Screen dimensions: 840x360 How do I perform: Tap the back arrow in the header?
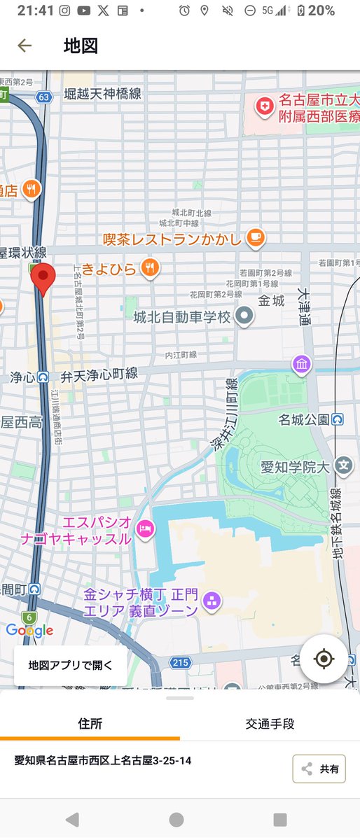pyautogui.click(x=25, y=46)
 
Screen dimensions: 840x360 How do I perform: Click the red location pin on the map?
pyautogui.click(x=43, y=279)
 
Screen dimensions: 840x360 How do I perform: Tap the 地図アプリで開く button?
pyautogui.click(x=70, y=665)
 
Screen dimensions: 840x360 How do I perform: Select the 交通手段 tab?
pyautogui.click(x=270, y=724)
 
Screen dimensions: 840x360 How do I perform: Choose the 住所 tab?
pyautogui.click(x=90, y=724)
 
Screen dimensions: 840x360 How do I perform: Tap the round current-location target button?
pyautogui.click(x=324, y=659)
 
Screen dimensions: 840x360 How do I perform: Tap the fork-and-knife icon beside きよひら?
pyautogui.click(x=150, y=267)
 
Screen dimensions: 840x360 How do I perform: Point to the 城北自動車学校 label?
pyautogui.click(x=182, y=317)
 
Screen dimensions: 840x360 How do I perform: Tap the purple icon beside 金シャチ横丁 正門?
pyautogui.click(x=212, y=601)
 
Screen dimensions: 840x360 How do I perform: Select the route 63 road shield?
pyautogui.click(x=44, y=97)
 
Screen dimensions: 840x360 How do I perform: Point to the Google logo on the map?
pyautogui.click(x=29, y=630)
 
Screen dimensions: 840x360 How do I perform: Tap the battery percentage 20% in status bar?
pyautogui.click(x=321, y=10)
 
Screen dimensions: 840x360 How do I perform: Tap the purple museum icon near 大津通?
pyautogui.click(x=302, y=365)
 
